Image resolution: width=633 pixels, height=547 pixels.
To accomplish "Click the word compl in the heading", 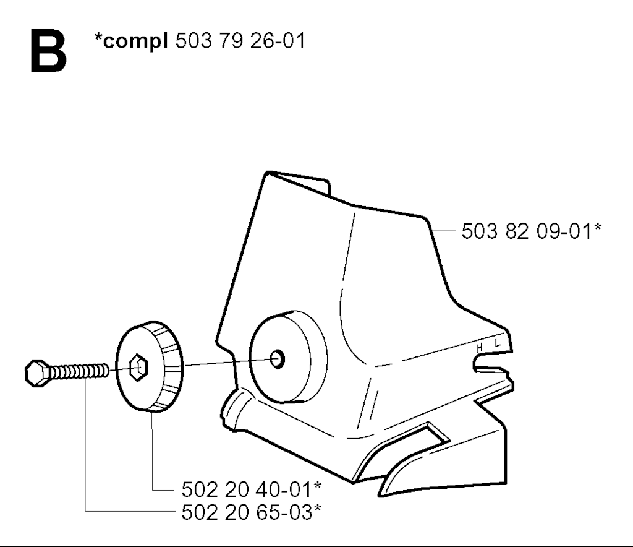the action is (x=135, y=41).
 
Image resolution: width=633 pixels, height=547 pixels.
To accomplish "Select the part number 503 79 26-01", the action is (x=240, y=40).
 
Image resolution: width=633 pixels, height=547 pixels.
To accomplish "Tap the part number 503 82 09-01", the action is (x=527, y=231).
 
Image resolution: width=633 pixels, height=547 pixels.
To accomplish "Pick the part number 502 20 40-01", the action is (x=247, y=489).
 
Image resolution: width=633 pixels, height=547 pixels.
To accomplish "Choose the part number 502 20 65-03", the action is (x=247, y=513).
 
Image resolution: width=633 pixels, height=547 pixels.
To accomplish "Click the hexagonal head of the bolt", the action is (x=36, y=373).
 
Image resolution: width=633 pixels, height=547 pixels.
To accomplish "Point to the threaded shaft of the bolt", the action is (x=79, y=371).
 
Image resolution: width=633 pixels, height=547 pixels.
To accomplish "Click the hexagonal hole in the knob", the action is (x=138, y=368).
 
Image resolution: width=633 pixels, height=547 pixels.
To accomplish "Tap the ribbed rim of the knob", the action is (x=169, y=367).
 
